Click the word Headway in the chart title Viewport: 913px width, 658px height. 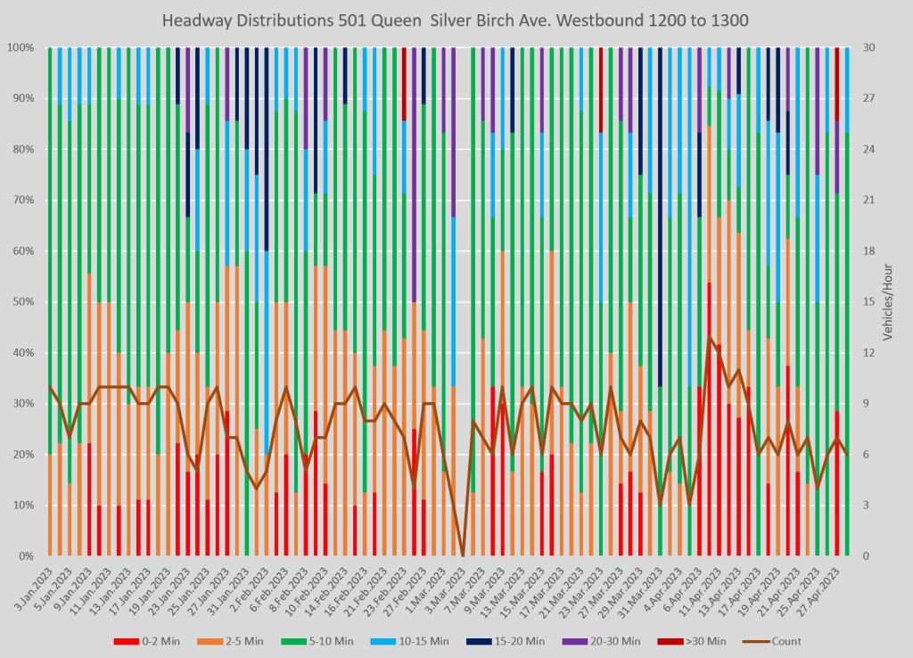click(197, 19)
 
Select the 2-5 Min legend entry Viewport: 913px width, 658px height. click(240, 641)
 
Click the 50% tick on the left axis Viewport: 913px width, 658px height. click(22, 302)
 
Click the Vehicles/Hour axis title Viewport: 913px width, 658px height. click(889, 302)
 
